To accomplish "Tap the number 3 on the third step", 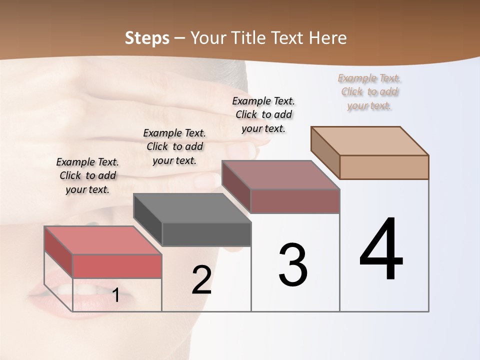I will (x=293, y=265).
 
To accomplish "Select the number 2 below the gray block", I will (x=202, y=280).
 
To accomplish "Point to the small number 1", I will (x=115, y=295).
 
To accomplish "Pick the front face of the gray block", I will (x=206, y=234).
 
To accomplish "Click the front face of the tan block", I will (x=384, y=167).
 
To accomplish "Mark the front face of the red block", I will (x=117, y=266).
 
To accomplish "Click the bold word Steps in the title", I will (x=147, y=38).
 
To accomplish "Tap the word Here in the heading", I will (x=328, y=38).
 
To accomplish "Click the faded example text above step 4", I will (x=369, y=92).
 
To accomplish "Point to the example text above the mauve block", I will (x=263, y=114).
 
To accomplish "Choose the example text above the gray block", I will (x=174, y=146).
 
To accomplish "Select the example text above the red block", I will (x=87, y=175).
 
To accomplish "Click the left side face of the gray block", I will (x=148, y=219).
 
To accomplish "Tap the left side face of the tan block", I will (x=325, y=152).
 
